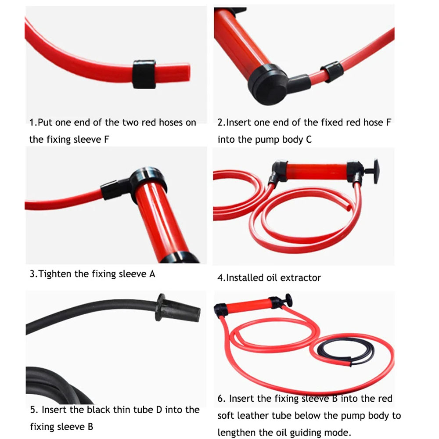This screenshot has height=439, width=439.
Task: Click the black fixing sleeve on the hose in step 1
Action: click(144, 74)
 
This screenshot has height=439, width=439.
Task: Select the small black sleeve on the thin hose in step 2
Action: click(332, 72)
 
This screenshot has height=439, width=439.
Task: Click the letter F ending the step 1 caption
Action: click(107, 140)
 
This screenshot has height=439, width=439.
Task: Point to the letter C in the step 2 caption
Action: click(309, 140)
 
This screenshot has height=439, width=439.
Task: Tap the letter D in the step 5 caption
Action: click(159, 410)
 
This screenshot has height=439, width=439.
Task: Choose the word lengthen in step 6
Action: click(237, 433)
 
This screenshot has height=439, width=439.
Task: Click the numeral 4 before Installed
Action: click(220, 278)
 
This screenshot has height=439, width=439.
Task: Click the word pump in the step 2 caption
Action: click(267, 140)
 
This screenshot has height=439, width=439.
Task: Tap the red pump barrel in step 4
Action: click(316, 171)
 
